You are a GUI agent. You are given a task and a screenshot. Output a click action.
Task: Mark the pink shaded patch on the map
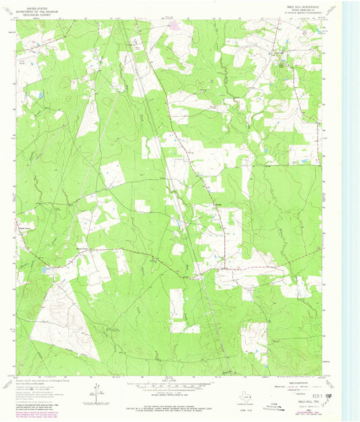(174, 26)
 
